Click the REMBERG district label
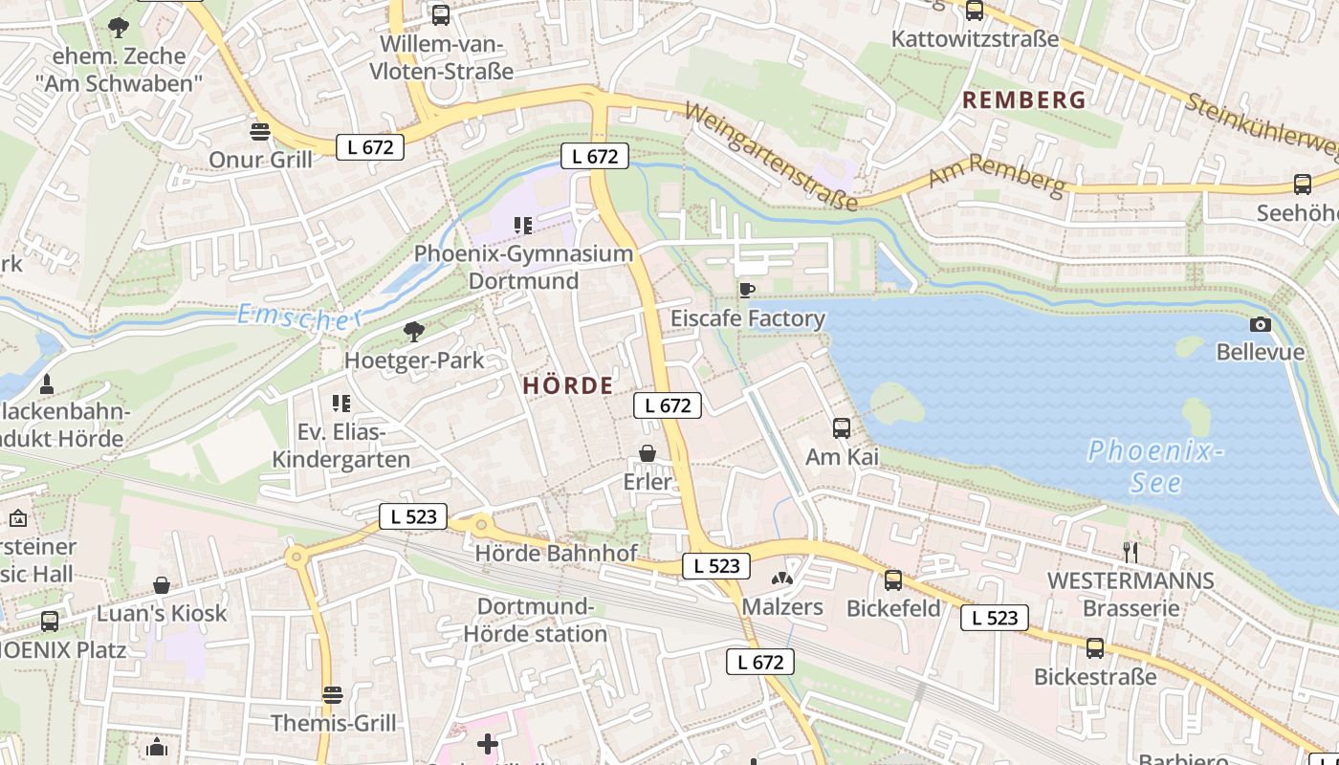tap(1023, 99)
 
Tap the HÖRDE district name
tap(568, 385)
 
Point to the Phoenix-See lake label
tap(1155, 466)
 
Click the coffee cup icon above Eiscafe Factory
tap(746, 289)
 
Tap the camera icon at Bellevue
tap(1261, 324)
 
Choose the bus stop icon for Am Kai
tap(842, 427)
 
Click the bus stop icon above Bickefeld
tap(893, 579)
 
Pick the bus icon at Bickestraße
tap(1095, 648)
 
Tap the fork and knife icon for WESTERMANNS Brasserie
tap(1130, 551)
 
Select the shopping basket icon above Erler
tap(648, 452)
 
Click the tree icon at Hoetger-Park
tap(414, 332)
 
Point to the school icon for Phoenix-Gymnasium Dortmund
tap(522, 226)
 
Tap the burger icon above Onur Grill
tap(260, 130)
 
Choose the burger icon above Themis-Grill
tap(333, 694)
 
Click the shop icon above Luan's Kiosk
tap(162, 584)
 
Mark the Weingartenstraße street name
tap(771, 157)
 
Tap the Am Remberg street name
tap(997, 175)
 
